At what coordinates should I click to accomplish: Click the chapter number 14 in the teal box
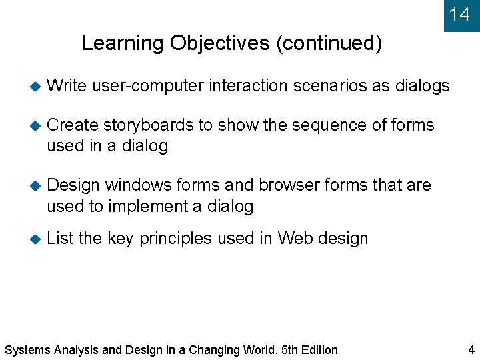click(x=459, y=14)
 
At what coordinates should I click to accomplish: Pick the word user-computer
click(x=148, y=86)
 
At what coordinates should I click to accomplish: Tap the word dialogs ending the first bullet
click(x=423, y=86)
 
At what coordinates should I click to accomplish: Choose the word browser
click(x=289, y=185)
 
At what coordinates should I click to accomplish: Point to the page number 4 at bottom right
click(x=471, y=349)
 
